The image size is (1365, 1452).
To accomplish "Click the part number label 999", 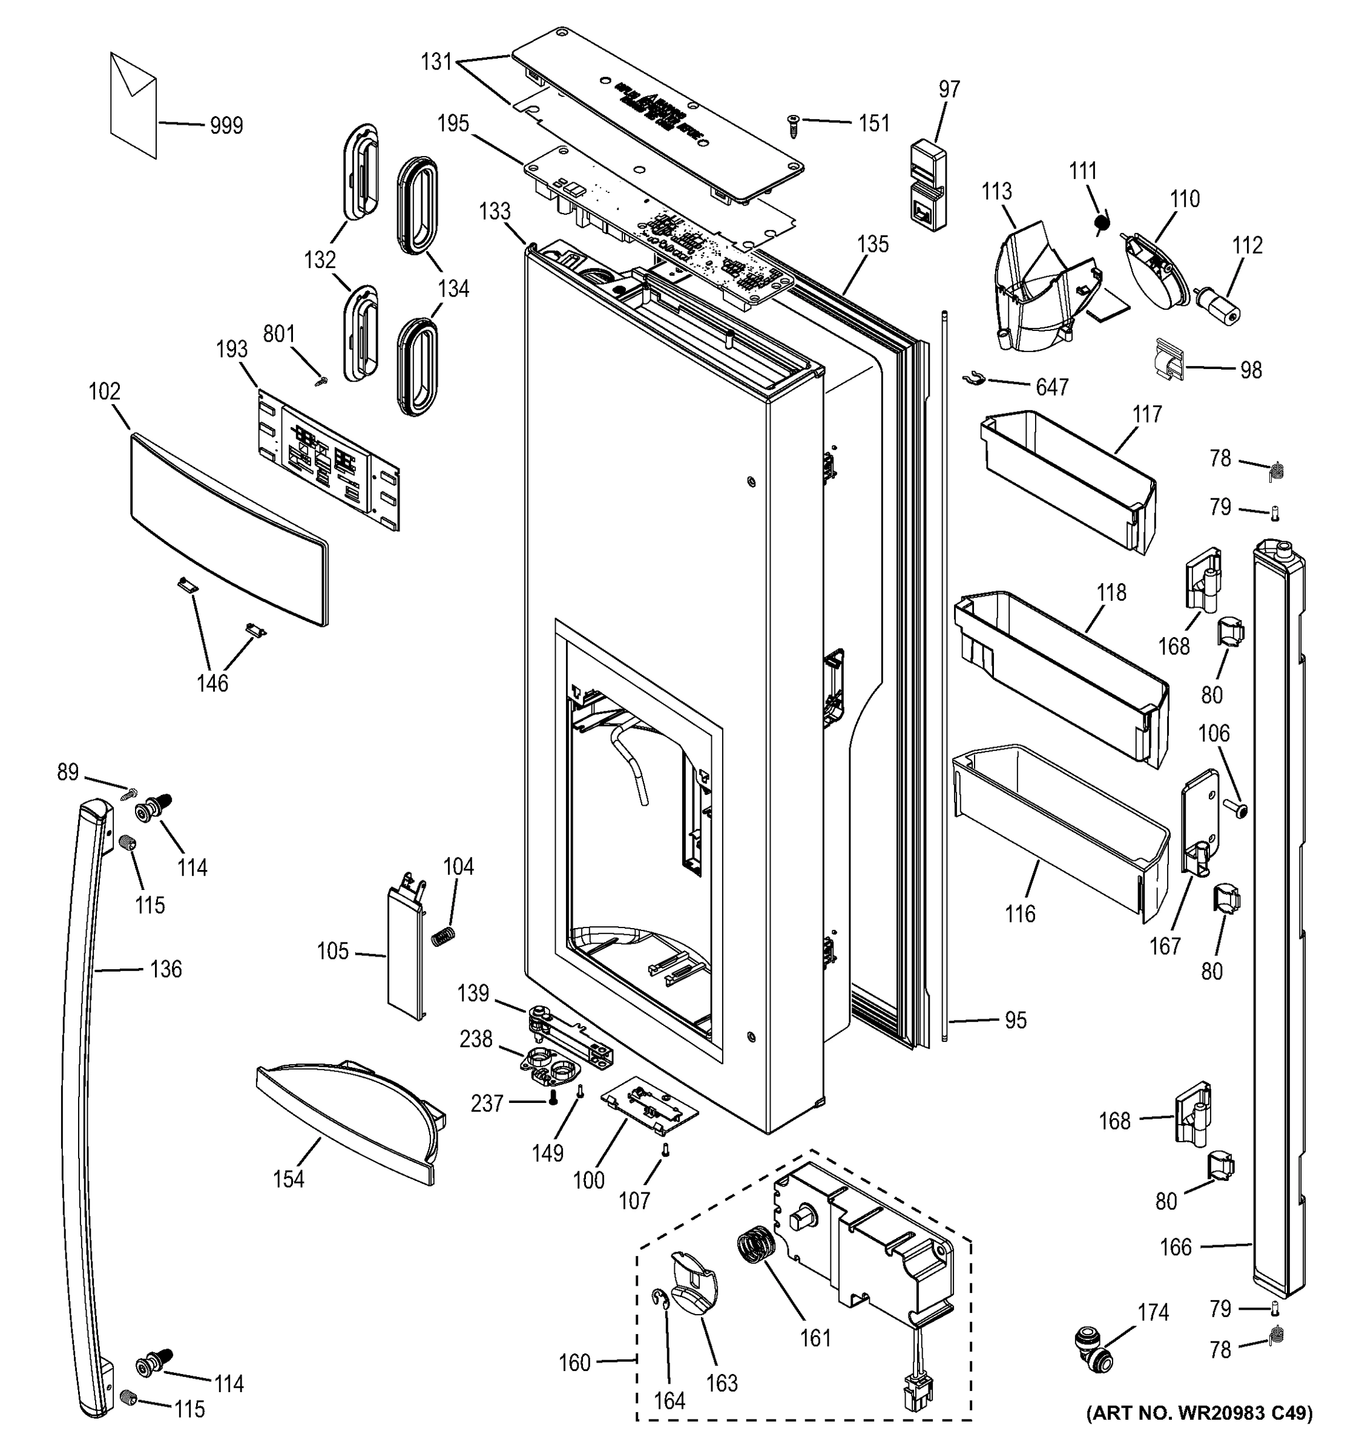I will tap(226, 126).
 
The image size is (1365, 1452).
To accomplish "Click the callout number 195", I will tap(453, 123).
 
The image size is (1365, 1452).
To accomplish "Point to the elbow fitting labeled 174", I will tap(1093, 1361).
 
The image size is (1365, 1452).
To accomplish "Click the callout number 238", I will tap(476, 1039).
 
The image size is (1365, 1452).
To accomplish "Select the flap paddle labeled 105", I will tap(406, 952).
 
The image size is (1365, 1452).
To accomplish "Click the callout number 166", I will tap(1175, 1248).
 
